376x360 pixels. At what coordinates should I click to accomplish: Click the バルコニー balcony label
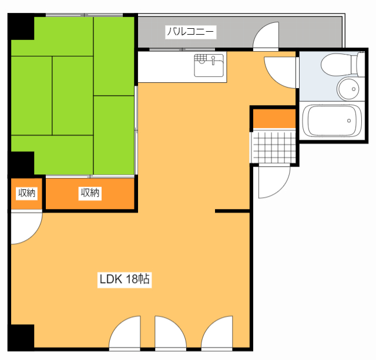190,32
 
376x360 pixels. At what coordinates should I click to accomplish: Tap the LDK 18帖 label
125,279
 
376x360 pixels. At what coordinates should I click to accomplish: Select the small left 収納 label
26,193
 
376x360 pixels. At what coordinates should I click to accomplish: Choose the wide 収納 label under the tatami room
90,193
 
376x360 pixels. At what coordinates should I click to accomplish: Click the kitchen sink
209,65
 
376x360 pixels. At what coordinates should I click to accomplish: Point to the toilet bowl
342,65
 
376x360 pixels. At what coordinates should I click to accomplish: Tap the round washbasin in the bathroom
348,89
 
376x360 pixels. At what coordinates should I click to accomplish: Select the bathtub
332,121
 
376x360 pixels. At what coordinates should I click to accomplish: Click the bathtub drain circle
349,121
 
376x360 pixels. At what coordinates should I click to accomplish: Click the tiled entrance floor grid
273,146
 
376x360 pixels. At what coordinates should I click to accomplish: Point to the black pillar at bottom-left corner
21,338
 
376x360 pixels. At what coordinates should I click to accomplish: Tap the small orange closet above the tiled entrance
274,119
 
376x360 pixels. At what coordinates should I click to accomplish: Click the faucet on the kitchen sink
213,60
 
